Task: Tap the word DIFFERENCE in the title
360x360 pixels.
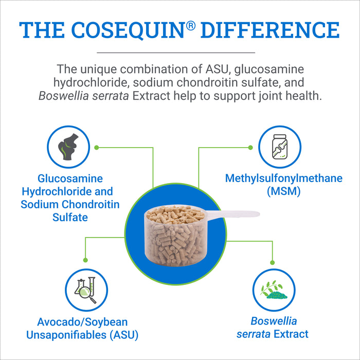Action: pos(270,29)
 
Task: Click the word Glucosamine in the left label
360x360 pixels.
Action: pos(70,179)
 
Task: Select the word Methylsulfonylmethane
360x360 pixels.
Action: pos(284,179)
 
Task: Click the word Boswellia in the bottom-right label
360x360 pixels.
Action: pos(274,321)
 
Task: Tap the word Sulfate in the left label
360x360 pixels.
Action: pos(70,218)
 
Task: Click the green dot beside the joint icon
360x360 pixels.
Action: pos(97,147)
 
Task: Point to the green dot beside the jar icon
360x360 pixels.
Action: pos(250,147)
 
